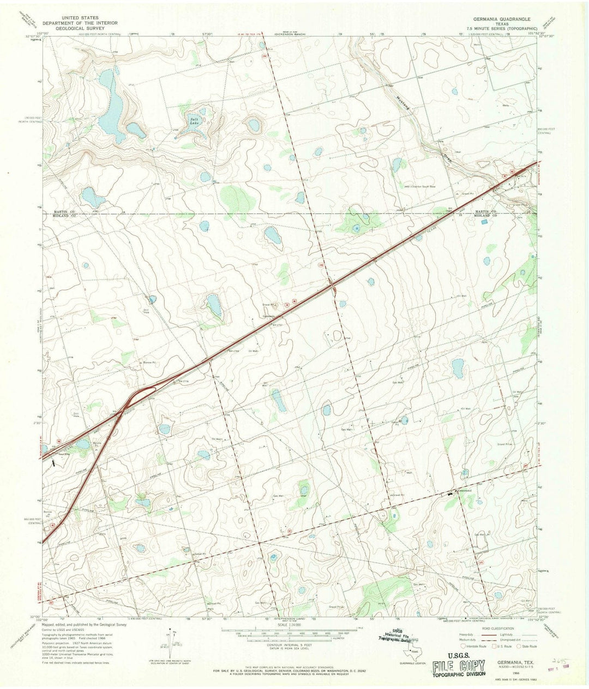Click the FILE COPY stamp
tap(458, 666)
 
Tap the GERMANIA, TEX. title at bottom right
tap(505, 661)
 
